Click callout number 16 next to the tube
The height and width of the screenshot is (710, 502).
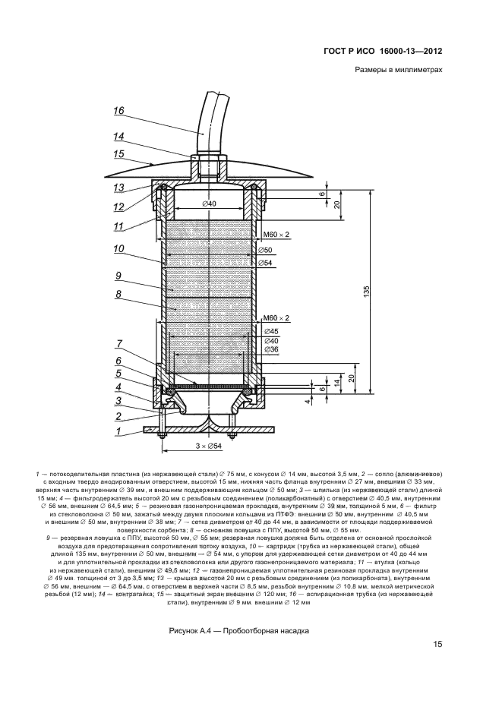118,111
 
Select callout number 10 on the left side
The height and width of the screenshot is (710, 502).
118,248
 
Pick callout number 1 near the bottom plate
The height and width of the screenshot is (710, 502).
118,431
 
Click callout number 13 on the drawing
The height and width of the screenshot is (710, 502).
118,187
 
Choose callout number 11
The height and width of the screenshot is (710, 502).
118,226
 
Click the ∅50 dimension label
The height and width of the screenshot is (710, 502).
266,250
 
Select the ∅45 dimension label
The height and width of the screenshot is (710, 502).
270,332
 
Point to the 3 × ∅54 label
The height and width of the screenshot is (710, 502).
209,447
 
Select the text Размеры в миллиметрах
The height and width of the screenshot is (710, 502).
398,71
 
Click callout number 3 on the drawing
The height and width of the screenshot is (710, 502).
118,402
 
